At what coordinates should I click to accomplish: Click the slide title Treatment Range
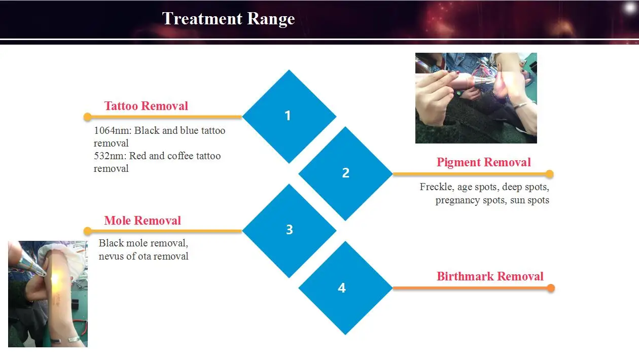tap(229, 19)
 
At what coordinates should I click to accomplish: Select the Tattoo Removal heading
tap(146, 106)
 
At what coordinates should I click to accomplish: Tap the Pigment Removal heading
tap(483, 162)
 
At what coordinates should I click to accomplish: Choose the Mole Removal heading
tap(143, 221)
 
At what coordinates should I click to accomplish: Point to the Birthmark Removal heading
tap(490, 276)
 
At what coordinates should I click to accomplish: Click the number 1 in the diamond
tap(288, 116)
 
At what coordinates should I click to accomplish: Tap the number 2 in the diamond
tap(346, 173)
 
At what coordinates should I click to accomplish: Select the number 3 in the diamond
tap(290, 230)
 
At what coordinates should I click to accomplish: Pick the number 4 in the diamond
tap(342, 288)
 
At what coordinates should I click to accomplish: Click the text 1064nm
tap(113, 131)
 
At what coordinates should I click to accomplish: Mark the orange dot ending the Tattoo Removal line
tap(88, 117)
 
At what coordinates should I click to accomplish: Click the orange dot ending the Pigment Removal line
tap(550, 174)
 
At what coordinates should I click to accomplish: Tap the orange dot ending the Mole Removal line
tap(88, 231)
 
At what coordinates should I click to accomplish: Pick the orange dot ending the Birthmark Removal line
tap(551, 288)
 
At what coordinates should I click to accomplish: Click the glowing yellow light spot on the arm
tap(55, 278)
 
